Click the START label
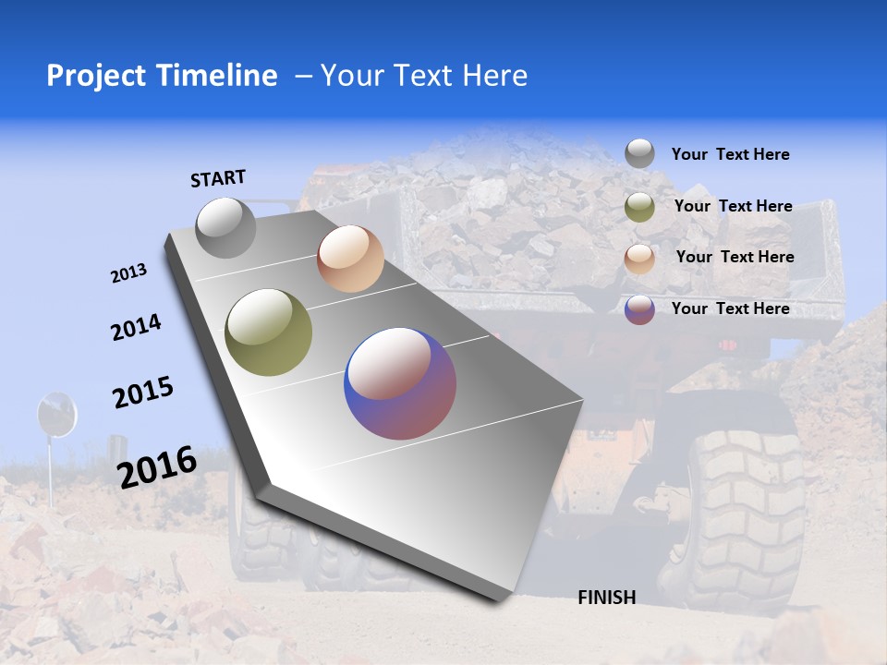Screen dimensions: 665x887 tap(218, 178)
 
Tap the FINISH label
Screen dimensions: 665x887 tap(606, 598)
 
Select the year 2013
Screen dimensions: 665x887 tap(128, 273)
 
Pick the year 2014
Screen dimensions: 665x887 tap(136, 328)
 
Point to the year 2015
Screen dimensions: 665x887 tap(143, 393)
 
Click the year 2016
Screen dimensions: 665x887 tap(157, 466)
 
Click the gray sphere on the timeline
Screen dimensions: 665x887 tap(225, 227)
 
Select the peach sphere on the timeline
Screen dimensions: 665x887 tap(350, 259)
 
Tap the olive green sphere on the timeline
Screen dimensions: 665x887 tap(269, 332)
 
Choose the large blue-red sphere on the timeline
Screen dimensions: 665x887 tap(400, 383)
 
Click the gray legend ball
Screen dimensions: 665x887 tap(639, 153)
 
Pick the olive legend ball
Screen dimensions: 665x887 tap(639, 207)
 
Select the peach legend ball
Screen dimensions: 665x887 tap(639, 259)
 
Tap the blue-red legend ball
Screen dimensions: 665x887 tap(639, 309)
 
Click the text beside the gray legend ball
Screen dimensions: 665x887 tap(730, 155)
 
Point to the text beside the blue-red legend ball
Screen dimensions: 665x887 tap(730, 308)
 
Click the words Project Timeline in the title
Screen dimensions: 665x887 tap(162, 76)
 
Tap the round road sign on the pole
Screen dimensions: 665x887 tap(55, 414)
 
